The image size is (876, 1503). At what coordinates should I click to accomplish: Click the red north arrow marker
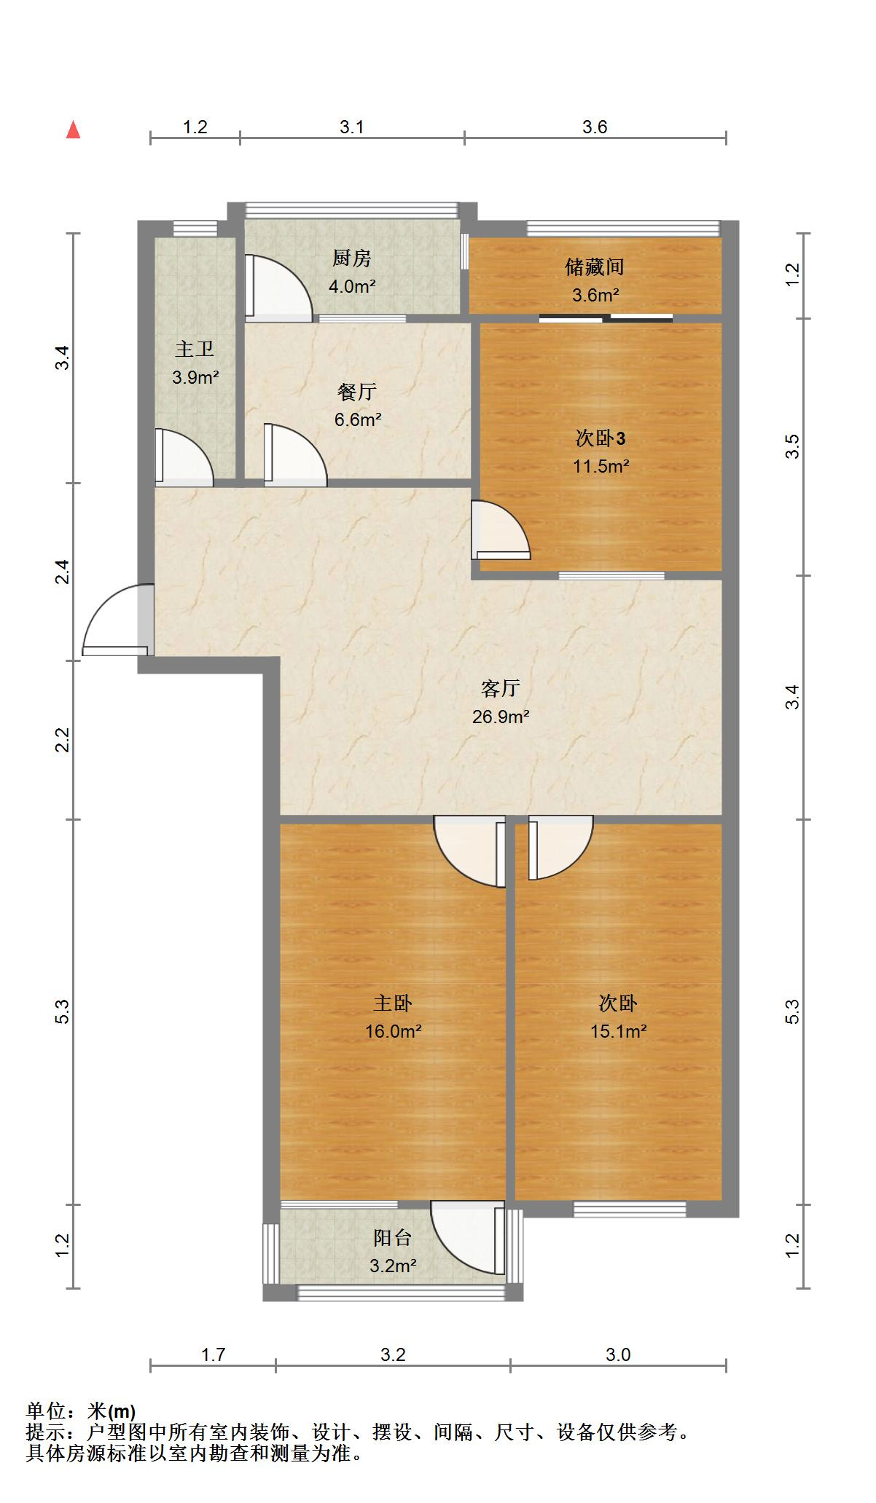[x=73, y=130]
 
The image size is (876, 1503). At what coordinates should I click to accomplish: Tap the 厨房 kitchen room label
[x=351, y=258]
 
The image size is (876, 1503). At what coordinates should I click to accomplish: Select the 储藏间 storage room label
[x=595, y=267]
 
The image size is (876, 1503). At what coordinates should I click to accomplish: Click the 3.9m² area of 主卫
[x=195, y=377]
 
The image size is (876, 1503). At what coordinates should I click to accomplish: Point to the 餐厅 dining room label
[x=357, y=392]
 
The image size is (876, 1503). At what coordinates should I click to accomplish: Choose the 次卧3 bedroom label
[x=600, y=438]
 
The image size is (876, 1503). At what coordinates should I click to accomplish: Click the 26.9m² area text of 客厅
[x=500, y=717]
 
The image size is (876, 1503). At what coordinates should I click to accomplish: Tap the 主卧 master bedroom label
[x=393, y=1003]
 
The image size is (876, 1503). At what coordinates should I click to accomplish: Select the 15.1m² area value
[x=619, y=1031]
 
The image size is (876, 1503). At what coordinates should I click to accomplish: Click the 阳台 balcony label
[x=393, y=1237]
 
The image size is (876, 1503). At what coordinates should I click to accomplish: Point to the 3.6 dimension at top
[x=594, y=127]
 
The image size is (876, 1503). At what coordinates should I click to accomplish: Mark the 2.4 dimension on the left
[x=63, y=572]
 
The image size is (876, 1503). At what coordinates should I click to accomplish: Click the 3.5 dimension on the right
[x=793, y=446]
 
